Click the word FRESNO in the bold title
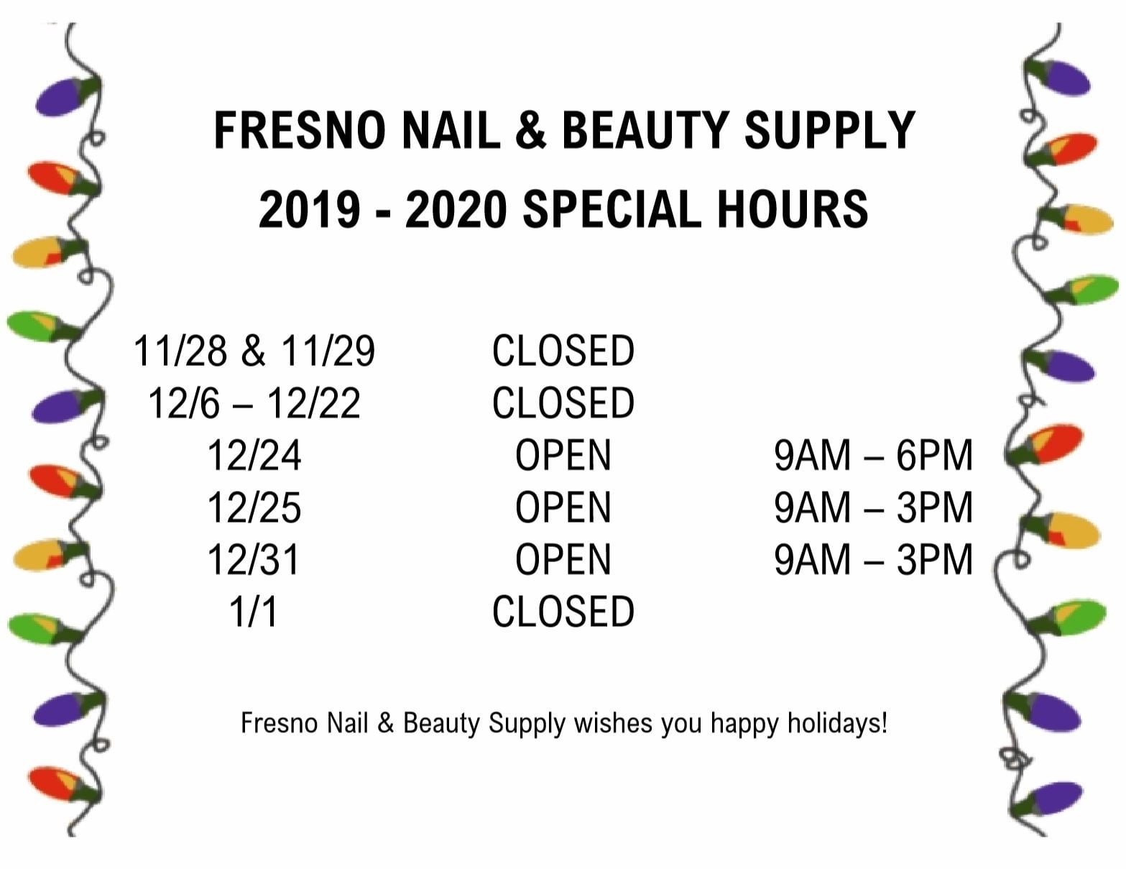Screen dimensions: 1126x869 tap(300, 130)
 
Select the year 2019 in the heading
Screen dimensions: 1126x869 tap(310, 209)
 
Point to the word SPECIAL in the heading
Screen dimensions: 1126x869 tap(612, 209)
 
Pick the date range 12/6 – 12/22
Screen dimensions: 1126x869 tap(254, 403)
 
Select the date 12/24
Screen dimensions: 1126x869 tap(254, 456)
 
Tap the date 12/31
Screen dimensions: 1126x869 tap(254, 560)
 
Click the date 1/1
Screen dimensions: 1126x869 tap(254, 612)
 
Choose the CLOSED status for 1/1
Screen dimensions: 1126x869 tap(563, 612)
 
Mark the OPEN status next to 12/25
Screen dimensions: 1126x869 tap(563, 507)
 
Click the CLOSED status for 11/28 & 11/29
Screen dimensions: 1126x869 tap(563, 351)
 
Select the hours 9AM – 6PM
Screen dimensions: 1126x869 tap(873, 456)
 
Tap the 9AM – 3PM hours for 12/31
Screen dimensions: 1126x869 tap(873, 560)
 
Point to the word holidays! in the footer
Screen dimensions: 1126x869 tap(837, 723)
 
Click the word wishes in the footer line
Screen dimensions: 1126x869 tap(613, 723)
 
